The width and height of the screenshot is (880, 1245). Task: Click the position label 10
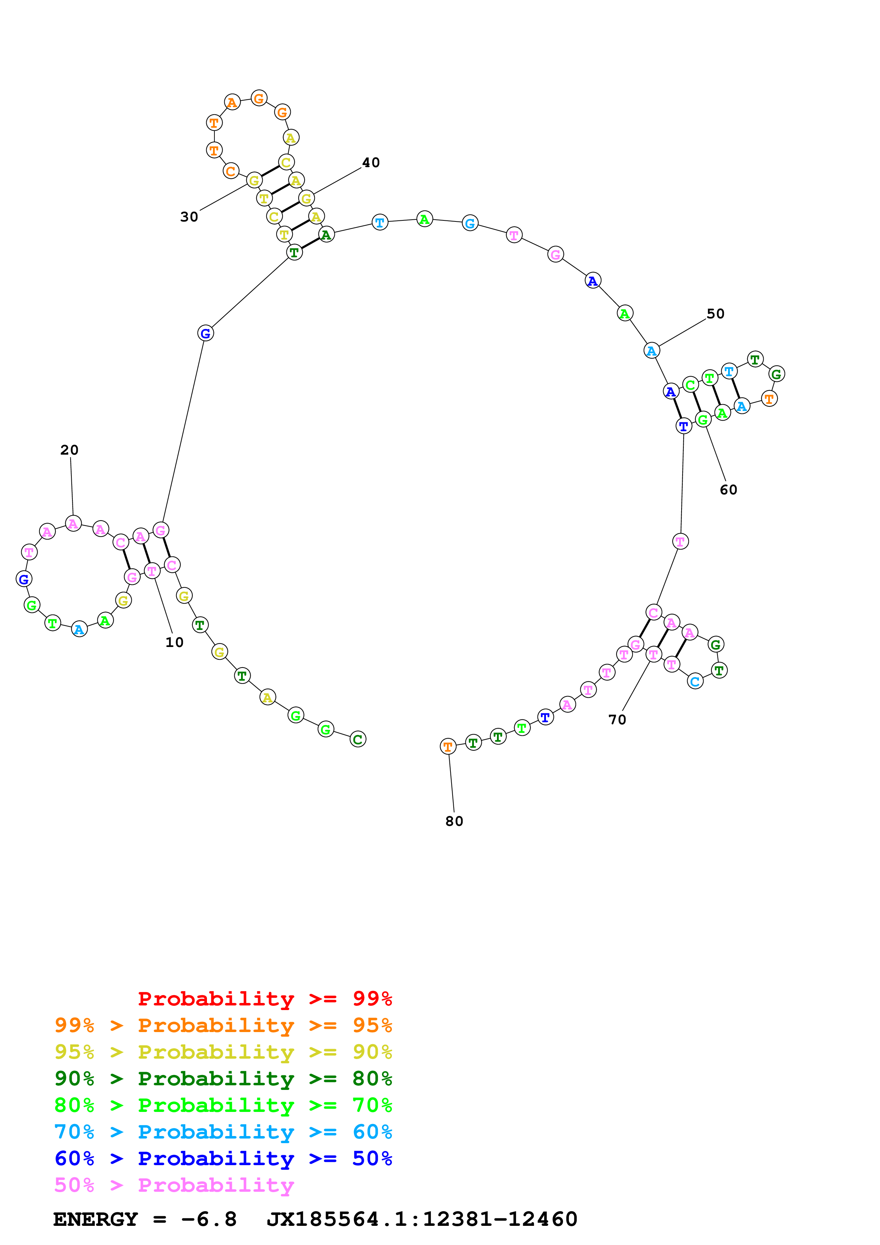pos(174,642)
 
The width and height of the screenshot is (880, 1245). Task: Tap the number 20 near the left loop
pos(70,450)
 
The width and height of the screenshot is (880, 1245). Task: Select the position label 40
pos(371,162)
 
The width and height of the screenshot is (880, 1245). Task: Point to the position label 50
pos(715,313)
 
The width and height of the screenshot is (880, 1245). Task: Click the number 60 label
pos(728,490)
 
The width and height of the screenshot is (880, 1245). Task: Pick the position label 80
pos(454,821)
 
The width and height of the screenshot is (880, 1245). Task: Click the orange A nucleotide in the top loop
pos(232,102)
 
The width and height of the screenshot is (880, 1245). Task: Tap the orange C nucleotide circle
pos(230,171)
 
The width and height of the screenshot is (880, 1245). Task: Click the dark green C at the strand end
pos(358,739)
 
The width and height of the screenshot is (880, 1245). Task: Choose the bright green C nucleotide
pos(690,385)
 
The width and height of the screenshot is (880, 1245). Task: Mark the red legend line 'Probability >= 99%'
pos(264,999)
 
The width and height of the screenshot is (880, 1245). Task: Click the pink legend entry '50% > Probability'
pos(174,1185)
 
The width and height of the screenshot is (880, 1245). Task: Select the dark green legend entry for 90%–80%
pos(223,1079)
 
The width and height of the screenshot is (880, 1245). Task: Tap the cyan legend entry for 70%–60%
pos(223,1132)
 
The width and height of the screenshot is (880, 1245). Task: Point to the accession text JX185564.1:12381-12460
pos(422,1219)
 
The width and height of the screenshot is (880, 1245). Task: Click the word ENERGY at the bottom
pos(95,1219)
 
